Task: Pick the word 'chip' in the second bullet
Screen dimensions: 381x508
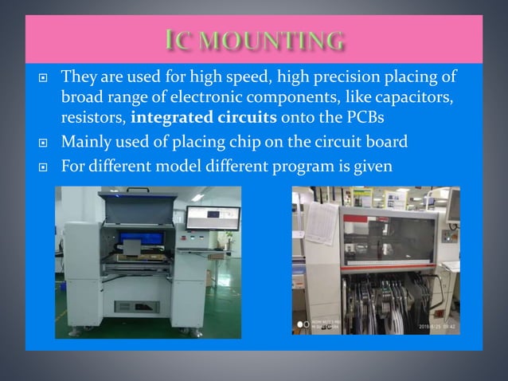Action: coord(224,143)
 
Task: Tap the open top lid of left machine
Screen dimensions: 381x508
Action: coord(139,208)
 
